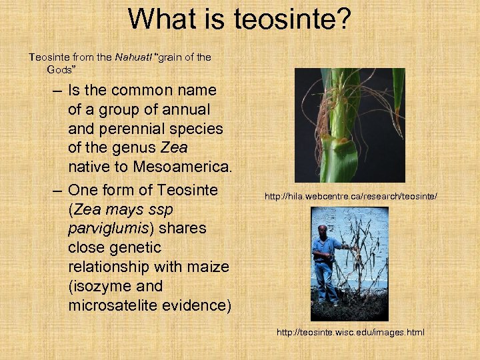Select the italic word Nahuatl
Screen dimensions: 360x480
coord(133,57)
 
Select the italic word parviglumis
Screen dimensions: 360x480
coord(104,228)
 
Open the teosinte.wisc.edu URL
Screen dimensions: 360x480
coord(351,332)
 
